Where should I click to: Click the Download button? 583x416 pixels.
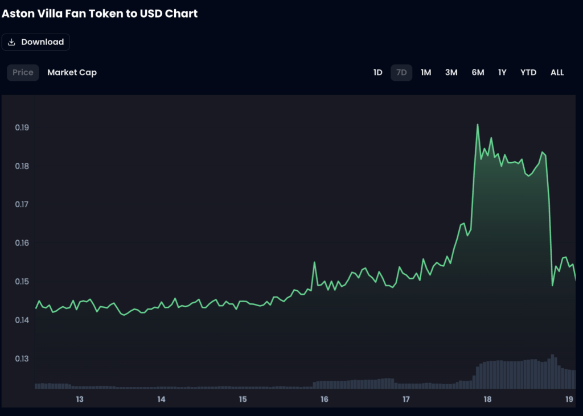(36, 42)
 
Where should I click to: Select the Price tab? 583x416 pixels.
(23, 72)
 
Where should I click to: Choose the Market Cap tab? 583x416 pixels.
(72, 72)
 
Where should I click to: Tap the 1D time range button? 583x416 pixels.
(377, 72)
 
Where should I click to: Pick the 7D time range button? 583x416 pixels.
(401, 72)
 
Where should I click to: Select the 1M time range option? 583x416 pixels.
(426, 72)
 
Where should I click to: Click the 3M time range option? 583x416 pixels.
(451, 72)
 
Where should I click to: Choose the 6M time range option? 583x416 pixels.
(478, 72)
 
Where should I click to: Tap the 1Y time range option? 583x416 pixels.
(502, 72)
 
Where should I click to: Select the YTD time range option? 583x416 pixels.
(528, 72)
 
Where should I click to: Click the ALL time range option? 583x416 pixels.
(557, 72)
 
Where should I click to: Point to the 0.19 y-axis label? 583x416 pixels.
(22, 127)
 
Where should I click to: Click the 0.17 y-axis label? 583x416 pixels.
(22, 204)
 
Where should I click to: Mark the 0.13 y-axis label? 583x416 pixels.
(22, 359)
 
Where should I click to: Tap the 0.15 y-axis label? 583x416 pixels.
(22, 282)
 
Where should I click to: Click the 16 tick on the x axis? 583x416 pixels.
(325, 399)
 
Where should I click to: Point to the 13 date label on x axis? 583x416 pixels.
(80, 399)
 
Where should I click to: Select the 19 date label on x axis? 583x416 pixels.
(569, 399)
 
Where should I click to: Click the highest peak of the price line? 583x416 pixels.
(477, 125)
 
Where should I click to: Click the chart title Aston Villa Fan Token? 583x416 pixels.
(100, 13)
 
